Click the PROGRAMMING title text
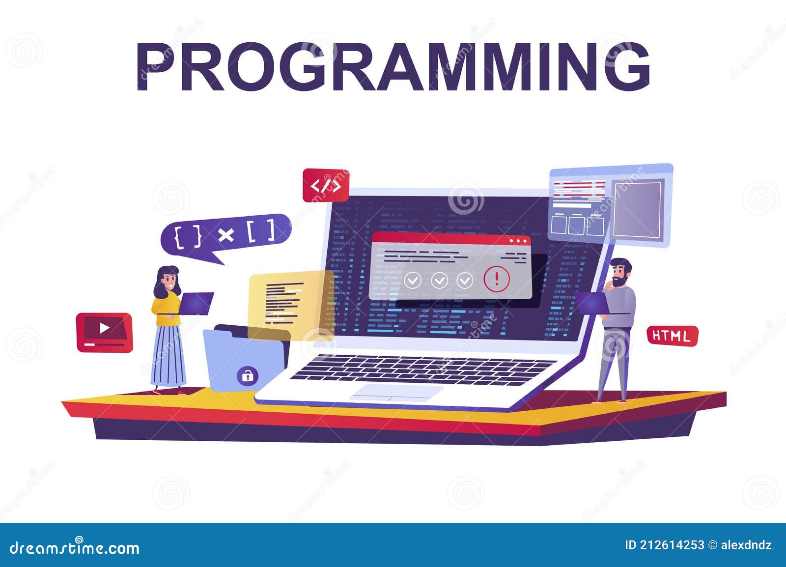(x=393, y=67)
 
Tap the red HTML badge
(x=672, y=336)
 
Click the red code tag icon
(x=326, y=185)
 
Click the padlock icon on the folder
(x=247, y=376)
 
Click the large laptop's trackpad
(x=397, y=392)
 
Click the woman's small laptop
(x=196, y=303)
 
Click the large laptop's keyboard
(x=422, y=369)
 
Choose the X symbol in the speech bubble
(x=225, y=235)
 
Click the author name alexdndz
(x=746, y=545)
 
